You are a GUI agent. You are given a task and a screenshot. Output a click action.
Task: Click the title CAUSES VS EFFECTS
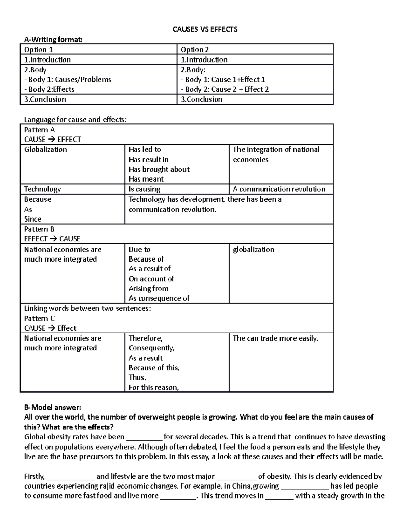(x=205, y=29)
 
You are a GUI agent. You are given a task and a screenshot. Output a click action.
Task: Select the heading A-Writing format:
(x=53, y=40)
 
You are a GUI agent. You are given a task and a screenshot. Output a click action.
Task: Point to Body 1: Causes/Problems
(x=68, y=80)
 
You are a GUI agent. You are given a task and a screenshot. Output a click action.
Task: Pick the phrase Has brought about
(x=159, y=169)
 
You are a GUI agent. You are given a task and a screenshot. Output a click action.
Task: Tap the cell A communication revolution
(x=279, y=189)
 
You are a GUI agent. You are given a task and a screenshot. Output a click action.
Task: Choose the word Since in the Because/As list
(x=32, y=219)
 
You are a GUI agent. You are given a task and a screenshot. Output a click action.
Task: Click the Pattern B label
(x=39, y=229)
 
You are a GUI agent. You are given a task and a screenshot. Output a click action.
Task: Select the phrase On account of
(x=151, y=279)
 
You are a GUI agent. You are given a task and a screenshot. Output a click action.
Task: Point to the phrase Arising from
(x=149, y=289)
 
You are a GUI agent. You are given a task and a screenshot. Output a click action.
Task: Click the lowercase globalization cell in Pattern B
(x=254, y=250)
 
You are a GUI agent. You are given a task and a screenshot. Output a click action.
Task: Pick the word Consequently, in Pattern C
(x=151, y=348)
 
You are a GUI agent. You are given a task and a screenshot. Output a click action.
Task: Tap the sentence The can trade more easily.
(x=275, y=338)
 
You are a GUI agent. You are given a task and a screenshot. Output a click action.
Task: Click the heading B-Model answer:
(x=53, y=407)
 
